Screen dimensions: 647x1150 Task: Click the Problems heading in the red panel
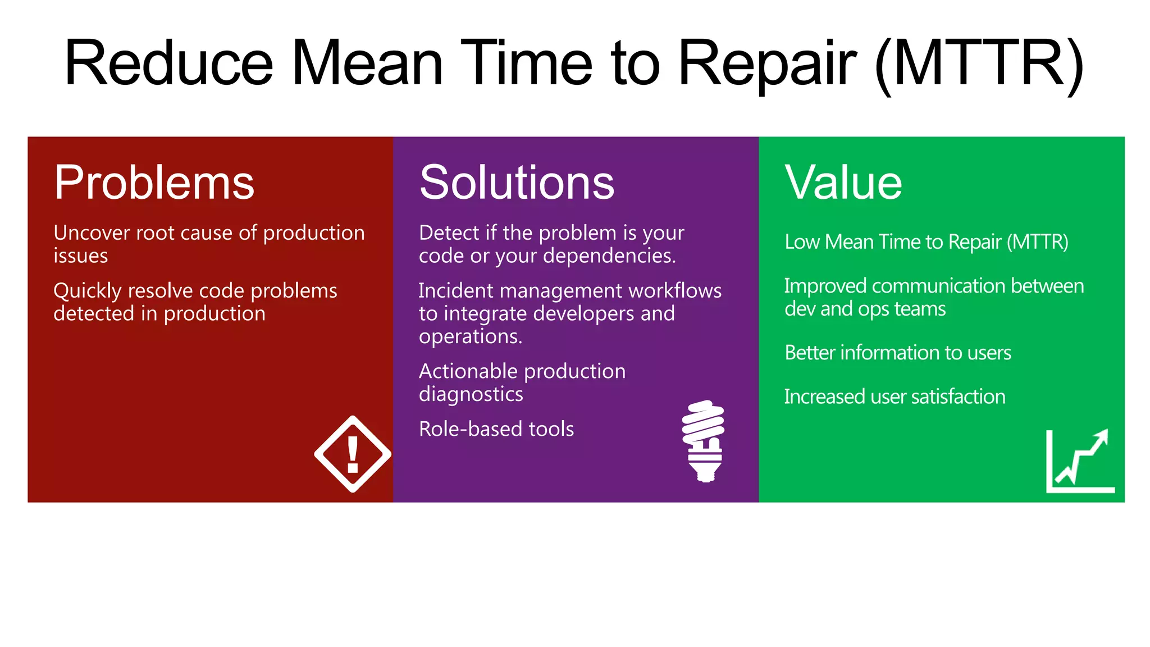pos(154,183)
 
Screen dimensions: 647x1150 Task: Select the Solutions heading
pos(517,183)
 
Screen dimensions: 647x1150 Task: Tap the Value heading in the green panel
pos(843,183)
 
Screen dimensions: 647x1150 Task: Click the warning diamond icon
pos(353,454)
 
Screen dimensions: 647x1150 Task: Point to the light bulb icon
pos(704,441)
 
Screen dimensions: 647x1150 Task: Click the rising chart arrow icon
pos(1080,461)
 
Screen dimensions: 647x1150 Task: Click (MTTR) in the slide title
pos(979,63)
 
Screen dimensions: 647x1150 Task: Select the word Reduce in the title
pos(168,63)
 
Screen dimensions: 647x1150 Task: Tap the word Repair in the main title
pos(767,63)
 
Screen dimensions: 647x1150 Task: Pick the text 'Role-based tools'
pos(496,429)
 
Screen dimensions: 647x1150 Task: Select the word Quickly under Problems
pos(88,291)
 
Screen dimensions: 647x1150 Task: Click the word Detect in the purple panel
pos(448,233)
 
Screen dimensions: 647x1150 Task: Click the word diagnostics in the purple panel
pos(471,394)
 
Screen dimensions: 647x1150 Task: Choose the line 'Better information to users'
pos(897,353)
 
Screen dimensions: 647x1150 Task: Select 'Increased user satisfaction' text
pos(895,397)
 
